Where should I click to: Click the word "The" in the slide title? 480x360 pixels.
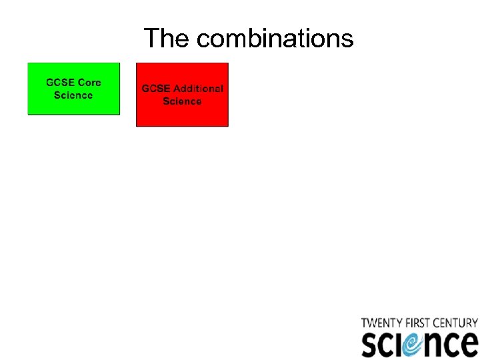pos(167,38)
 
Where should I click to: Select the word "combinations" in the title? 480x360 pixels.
pos(275,39)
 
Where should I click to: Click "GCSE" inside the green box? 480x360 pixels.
pos(60,83)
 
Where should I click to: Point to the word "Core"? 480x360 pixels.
pos(89,83)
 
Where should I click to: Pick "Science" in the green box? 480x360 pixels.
pos(73,95)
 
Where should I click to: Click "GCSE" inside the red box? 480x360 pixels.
pos(156,89)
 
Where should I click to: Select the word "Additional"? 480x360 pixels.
pos(198,89)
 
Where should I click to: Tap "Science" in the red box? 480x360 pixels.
pos(182,101)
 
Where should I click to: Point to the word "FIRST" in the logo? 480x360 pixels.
pos(418,323)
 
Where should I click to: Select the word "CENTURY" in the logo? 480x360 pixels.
pos(457,323)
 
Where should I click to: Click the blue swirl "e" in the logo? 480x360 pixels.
pos(415,344)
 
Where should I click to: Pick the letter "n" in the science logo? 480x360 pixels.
pos(437,345)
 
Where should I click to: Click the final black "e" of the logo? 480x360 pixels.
pos(469,345)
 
